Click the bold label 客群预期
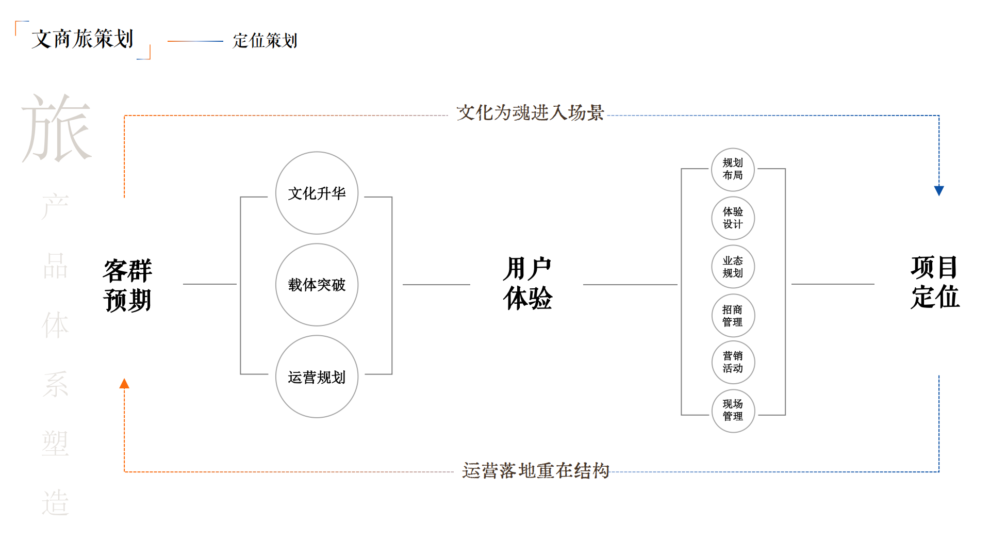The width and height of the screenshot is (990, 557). [127, 285]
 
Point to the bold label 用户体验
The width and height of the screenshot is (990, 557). [527, 283]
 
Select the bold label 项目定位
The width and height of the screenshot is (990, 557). [935, 282]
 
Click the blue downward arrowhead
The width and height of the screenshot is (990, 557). [939, 191]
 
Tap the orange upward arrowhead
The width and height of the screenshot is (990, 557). [124, 383]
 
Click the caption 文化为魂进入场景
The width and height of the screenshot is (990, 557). [530, 112]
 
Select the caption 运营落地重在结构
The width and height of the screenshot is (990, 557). [536, 470]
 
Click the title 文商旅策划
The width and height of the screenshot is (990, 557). [82, 39]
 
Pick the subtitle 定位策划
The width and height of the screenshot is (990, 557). [265, 40]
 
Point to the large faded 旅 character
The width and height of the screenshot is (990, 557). [57, 128]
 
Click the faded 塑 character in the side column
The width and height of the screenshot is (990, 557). [55, 443]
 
